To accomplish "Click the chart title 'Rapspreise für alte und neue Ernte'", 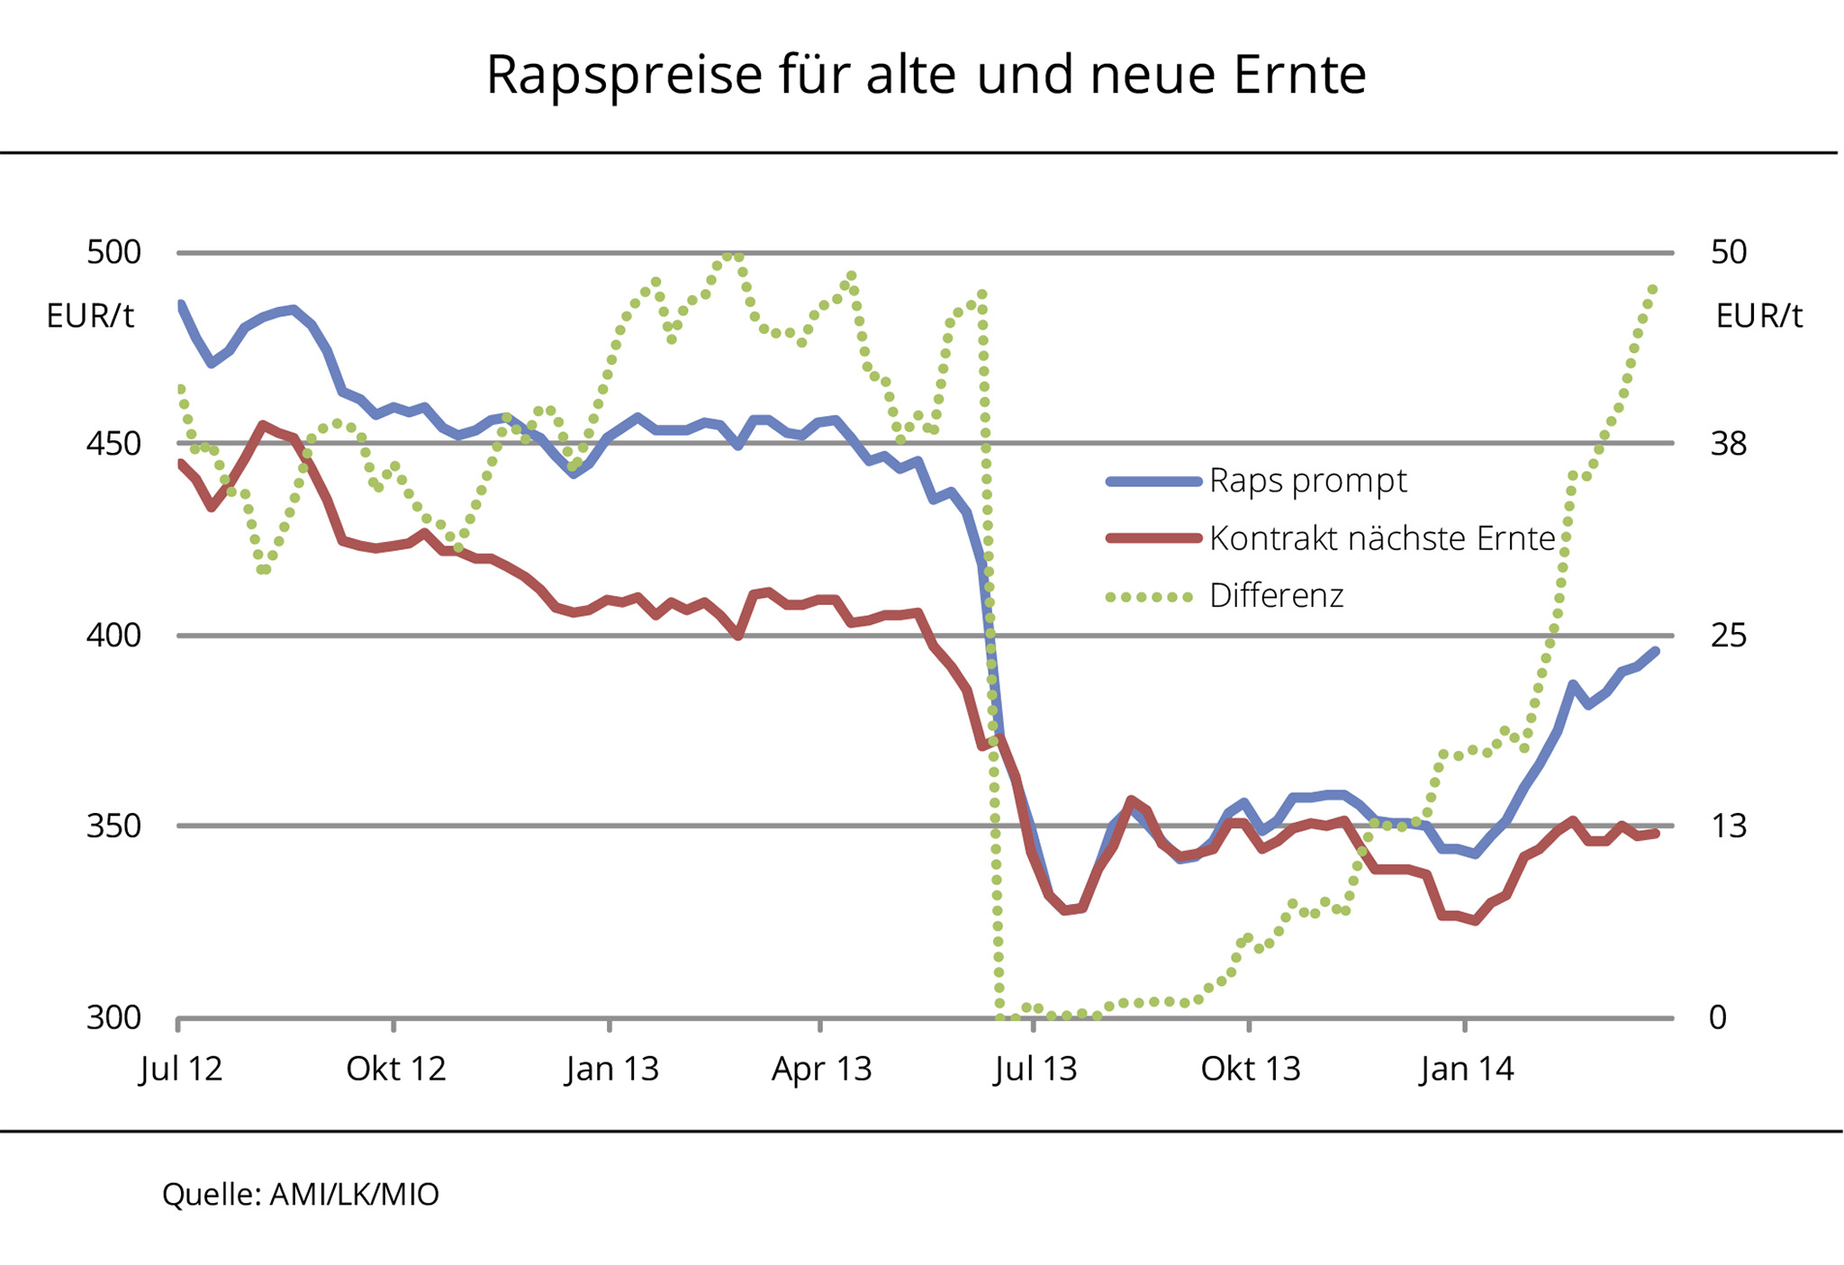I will pos(926,74).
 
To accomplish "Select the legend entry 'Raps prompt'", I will pos(1306,481).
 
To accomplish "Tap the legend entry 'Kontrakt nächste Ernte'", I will pos(1381,538).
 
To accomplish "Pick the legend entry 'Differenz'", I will pos(1276,596).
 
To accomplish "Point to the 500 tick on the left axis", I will pos(114,252).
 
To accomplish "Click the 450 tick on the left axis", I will pos(114,444).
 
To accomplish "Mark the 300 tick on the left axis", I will pos(114,1017).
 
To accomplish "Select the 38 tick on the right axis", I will pos(1728,444).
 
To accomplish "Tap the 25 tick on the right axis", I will pos(1728,636).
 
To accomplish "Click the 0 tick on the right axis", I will pos(1718,1017).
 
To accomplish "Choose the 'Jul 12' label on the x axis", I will pos(181,1069).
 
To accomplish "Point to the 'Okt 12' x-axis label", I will pos(396,1069).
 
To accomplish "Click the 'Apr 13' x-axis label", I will pos(821,1069).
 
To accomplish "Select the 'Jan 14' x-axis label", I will pos(1467,1069).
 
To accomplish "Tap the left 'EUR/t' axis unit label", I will pos(90,316).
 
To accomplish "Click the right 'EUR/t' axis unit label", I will pos(1758,316).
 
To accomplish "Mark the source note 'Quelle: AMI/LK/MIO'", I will pos(301,1194).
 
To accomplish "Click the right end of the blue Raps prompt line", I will pos(1655,651).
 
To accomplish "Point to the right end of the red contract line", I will pos(1655,834).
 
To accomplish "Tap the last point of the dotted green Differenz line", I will pos(1653,289).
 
